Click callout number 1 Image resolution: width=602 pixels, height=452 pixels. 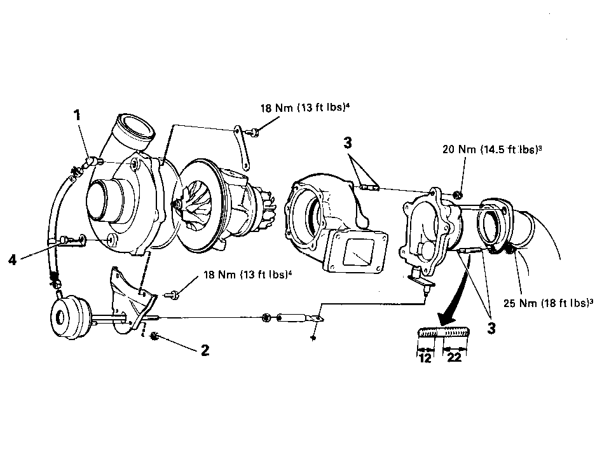point(78,115)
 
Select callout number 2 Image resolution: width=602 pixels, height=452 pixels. point(205,350)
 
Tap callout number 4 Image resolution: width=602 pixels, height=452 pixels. point(13,260)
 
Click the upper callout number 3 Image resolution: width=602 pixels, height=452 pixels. point(348,143)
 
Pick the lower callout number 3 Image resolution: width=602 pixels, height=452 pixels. point(491,328)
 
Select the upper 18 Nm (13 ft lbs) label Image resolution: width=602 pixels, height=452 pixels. point(305,108)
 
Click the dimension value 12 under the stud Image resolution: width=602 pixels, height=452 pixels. point(425,358)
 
